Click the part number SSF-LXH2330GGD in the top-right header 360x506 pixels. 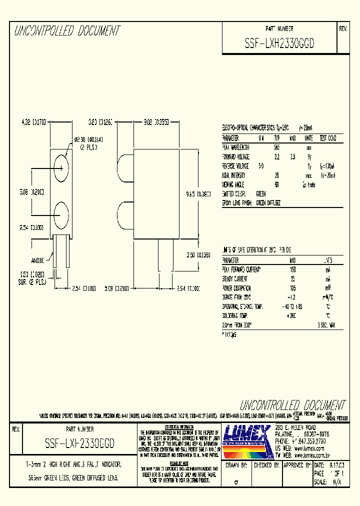point(279,43)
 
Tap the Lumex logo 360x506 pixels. point(246,441)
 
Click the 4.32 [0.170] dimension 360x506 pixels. point(33,121)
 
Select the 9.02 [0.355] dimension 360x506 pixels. point(156,121)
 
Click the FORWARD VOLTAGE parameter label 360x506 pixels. point(235,157)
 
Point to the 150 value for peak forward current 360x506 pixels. point(293,270)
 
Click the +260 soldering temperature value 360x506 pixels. point(292,316)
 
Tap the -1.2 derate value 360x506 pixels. point(292,297)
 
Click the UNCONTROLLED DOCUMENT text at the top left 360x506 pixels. point(67,31)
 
